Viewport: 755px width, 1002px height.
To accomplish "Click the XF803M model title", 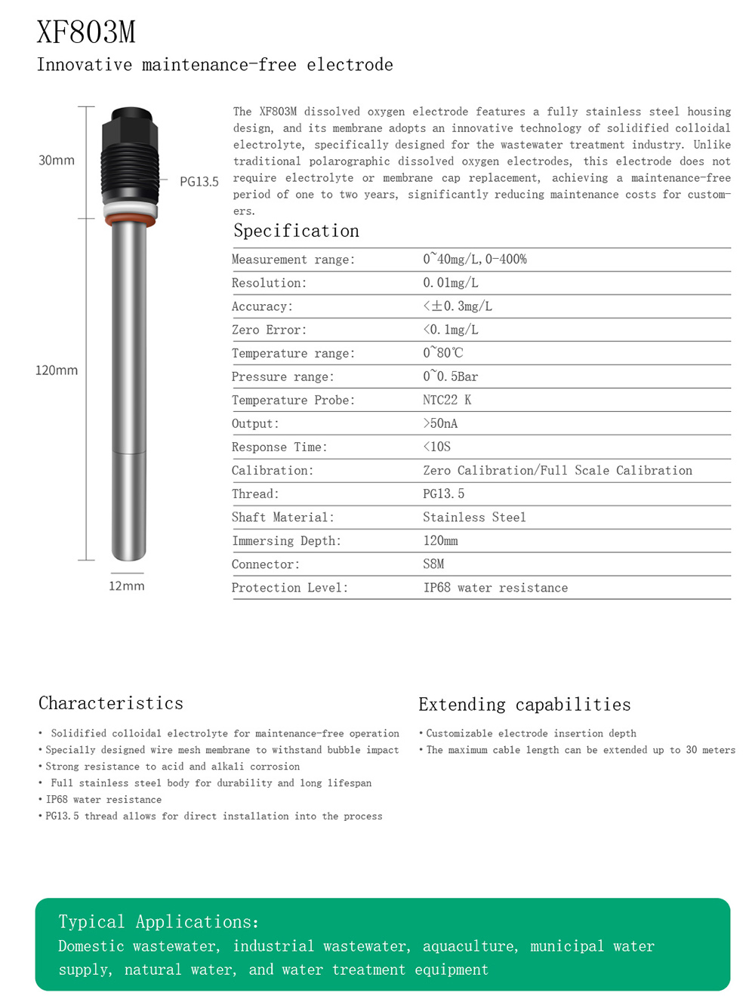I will (x=86, y=32).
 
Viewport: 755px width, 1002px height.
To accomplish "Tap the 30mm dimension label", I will (x=57, y=160).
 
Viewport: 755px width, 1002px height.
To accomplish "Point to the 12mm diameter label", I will (x=126, y=586).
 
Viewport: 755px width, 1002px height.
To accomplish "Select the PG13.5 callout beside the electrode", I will (x=199, y=181).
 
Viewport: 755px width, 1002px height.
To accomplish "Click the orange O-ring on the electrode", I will (x=130, y=220).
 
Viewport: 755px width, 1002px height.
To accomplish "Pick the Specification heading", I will (x=296, y=231).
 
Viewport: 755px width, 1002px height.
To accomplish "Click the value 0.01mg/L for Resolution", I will (x=450, y=283).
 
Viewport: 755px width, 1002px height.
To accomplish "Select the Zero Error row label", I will (x=269, y=330).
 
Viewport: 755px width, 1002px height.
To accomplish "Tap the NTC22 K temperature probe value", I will (x=446, y=400).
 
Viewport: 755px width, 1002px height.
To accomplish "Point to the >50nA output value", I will (x=440, y=423).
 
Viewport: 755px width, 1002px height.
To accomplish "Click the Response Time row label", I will (x=279, y=447).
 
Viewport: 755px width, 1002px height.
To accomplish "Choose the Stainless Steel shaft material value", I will (x=474, y=517).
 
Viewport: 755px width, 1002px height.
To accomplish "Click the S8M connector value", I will (x=433, y=564).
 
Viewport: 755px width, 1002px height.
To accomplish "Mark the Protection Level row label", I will (x=289, y=587).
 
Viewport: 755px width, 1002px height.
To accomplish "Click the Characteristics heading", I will (x=111, y=703).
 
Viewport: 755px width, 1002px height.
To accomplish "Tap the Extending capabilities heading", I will (x=524, y=704).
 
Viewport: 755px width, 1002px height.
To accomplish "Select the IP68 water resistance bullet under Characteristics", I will (x=103, y=800).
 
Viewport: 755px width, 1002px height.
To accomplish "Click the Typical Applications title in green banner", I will (x=159, y=921).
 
